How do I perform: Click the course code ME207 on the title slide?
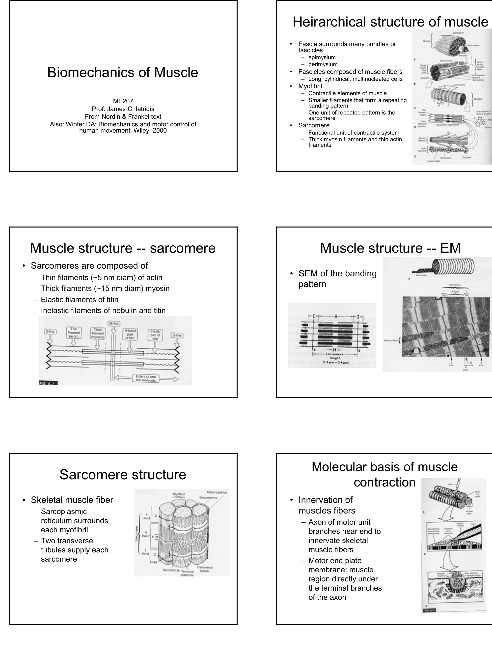click(123, 101)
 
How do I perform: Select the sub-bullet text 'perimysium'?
click(323, 64)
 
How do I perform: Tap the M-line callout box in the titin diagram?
click(114, 323)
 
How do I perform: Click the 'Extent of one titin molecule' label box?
click(145, 378)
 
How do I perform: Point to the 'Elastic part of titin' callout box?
click(155, 335)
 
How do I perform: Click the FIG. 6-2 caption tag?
click(48, 383)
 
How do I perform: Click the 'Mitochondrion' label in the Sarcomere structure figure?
click(217, 492)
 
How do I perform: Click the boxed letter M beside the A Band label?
click(157, 537)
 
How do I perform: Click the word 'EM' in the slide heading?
click(450, 248)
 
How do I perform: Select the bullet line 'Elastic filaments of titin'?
click(79, 299)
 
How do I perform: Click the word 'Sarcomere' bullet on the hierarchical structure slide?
click(314, 125)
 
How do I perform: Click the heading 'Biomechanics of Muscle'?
click(123, 72)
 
